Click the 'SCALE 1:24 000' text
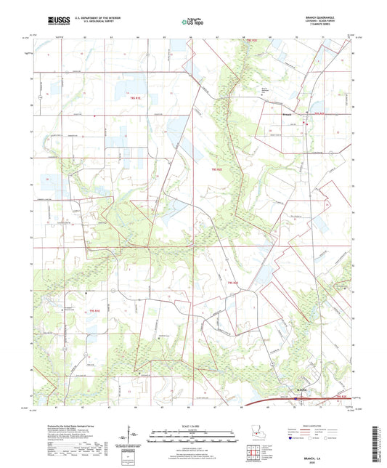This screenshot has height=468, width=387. point(192,426)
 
